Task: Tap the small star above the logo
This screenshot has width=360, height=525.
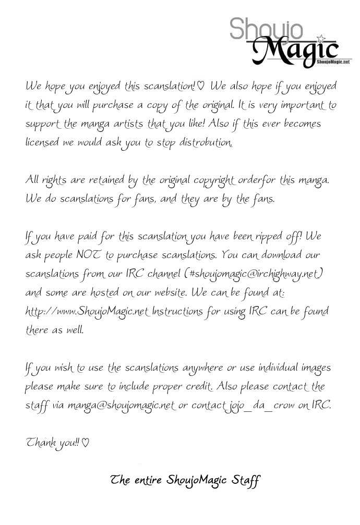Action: [321, 38]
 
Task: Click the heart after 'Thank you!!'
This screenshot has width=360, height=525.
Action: [86, 443]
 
